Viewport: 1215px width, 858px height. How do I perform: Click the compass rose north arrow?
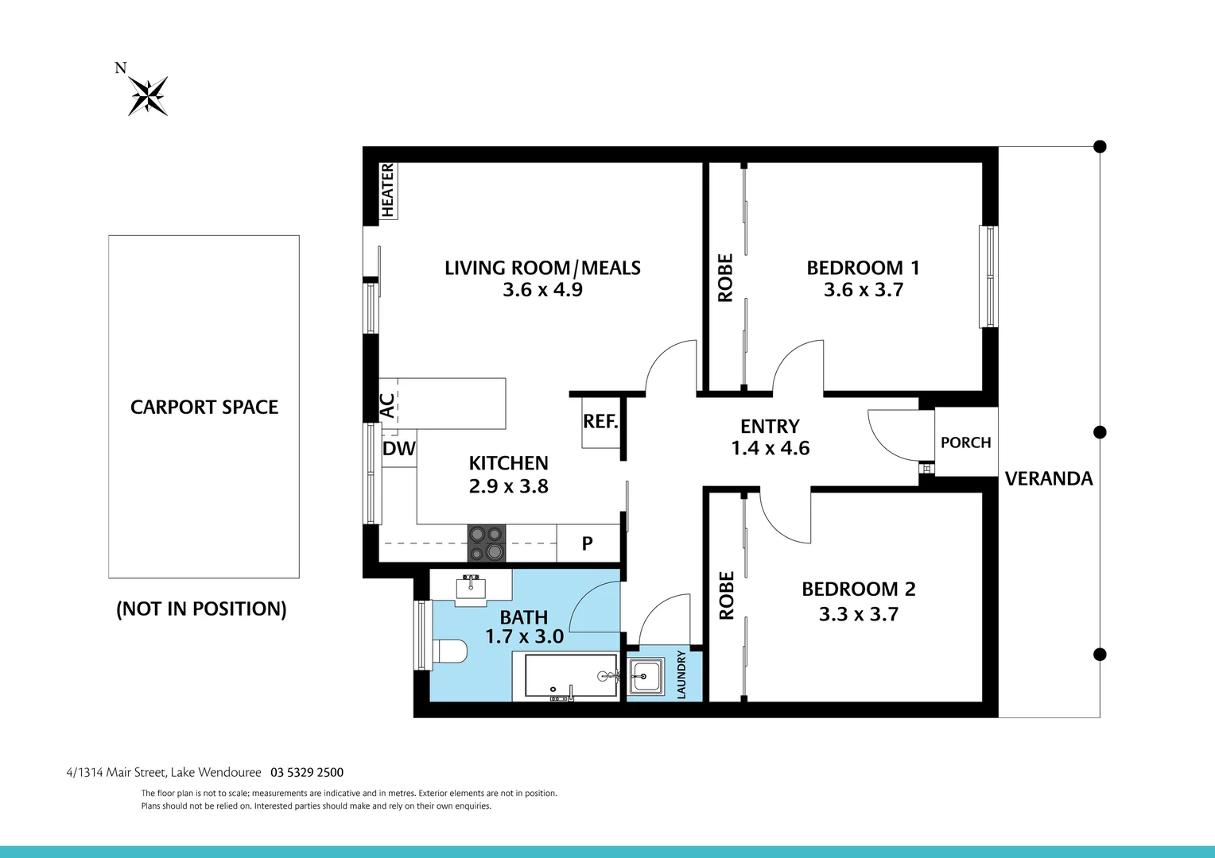[148, 95]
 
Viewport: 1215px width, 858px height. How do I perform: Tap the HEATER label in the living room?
[387, 190]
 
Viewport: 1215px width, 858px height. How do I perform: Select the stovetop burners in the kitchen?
[486, 543]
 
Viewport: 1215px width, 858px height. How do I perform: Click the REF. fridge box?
[600, 422]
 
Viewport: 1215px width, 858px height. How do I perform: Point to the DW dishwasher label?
[399, 449]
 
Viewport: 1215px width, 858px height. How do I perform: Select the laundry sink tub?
[646, 678]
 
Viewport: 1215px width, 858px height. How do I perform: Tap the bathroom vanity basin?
[471, 588]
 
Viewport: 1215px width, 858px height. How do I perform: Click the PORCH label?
[965, 443]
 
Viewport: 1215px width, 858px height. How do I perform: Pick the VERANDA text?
[1048, 478]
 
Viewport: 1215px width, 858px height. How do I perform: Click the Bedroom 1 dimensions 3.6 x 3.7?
[864, 290]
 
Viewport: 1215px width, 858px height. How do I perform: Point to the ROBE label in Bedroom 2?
[726, 595]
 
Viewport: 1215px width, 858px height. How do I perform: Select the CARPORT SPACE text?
[204, 407]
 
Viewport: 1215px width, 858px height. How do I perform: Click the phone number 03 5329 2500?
[307, 772]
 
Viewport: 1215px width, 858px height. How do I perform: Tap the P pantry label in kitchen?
[587, 543]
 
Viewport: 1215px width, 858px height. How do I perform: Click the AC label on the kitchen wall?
[387, 405]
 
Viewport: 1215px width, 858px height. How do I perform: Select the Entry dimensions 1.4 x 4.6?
[770, 448]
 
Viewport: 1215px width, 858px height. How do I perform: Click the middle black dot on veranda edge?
[1100, 432]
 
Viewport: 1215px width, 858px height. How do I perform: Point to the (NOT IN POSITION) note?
[201, 609]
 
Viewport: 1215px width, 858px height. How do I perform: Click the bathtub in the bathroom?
[565, 677]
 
